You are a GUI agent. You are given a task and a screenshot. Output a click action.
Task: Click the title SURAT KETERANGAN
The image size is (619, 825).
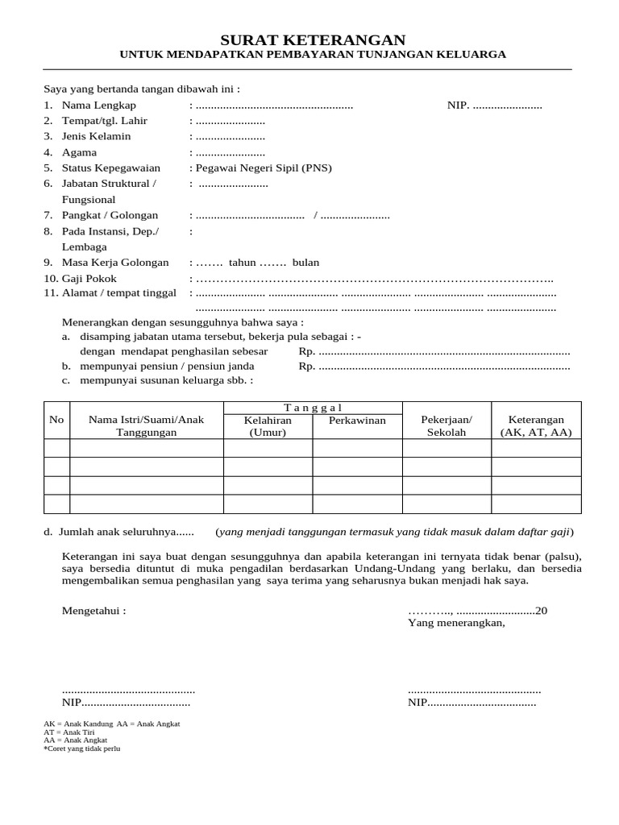[x=314, y=39]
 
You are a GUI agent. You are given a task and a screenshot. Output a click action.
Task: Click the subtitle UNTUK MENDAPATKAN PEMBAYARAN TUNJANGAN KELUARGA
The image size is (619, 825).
[x=313, y=55]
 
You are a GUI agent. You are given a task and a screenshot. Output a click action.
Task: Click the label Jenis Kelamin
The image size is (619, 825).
[x=96, y=137]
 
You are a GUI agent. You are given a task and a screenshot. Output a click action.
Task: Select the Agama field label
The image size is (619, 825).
[x=80, y=152]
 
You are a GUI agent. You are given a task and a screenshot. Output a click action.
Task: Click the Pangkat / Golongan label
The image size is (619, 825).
[x=110, y=215]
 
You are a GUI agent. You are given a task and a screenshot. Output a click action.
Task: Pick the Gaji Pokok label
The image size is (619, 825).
[x=89, y=279]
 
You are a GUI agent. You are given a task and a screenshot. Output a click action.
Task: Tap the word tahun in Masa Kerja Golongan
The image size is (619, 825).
[x=242, y=263]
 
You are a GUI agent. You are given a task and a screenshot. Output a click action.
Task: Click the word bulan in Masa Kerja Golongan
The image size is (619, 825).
[x=305, y=263]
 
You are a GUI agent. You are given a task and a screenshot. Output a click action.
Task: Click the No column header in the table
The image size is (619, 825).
[x=56, y=420]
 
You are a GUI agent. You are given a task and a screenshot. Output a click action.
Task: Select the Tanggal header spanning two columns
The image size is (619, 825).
[x=313, y=408]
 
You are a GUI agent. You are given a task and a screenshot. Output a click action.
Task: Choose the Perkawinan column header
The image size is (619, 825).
[x=357, y=421]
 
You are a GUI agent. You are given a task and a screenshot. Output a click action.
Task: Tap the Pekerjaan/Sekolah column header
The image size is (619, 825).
[x=447, y=426]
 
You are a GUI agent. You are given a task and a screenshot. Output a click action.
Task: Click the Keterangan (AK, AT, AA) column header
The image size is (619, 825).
[x=536, y=426]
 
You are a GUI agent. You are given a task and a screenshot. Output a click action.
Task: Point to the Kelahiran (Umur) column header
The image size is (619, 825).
[x=268, y=426]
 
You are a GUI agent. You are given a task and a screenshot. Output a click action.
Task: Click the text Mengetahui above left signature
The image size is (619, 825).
[x=93, y=611]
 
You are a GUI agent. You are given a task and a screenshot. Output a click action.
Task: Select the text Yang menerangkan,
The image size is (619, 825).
[x=456, y=623]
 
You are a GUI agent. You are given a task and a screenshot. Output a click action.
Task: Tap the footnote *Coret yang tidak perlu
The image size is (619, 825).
[x=81, y=748]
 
